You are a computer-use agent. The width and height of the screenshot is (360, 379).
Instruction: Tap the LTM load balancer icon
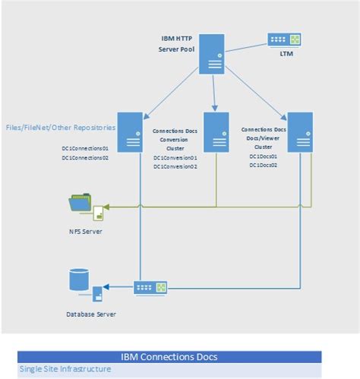pos(283,39)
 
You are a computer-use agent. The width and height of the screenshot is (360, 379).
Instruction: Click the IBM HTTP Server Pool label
pos(175,44)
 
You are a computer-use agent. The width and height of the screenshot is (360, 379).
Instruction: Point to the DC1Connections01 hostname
pos(86,147)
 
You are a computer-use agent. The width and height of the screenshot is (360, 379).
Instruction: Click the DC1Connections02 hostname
pos(86,157)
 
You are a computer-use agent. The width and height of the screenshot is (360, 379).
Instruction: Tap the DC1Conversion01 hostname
pos(175,158)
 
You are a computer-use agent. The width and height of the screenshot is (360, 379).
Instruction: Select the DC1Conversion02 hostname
pos(175,166)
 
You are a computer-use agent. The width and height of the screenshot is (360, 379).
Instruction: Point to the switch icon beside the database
pos(144,287)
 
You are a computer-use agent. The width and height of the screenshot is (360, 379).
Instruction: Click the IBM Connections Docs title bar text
pos(169,356)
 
